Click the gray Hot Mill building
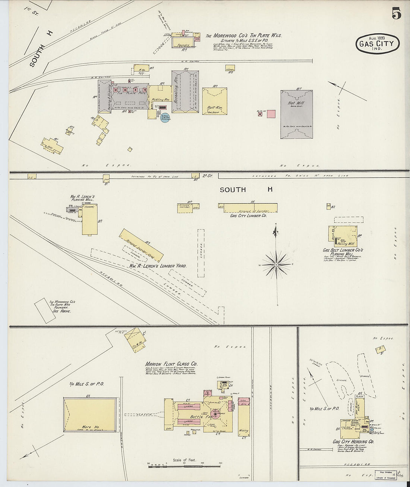point(297,114)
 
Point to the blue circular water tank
point(165,118)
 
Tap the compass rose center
point(276,264)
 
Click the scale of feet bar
point(184,466)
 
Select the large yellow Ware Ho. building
point(89,415)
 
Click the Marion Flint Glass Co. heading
point(171,364)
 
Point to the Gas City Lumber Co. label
point(248,216)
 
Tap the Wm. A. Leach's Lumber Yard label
point(158,266)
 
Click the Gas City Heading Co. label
point(353,441)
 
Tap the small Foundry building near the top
point(183,43)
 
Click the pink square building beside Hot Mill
point(271,114)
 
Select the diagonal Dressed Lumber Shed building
point(141,246)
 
